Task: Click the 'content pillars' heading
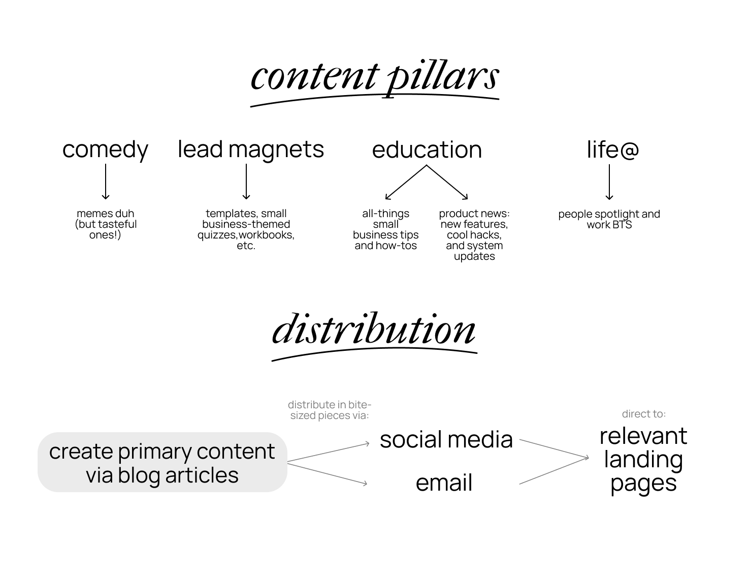pyautogui.click(x=375, y=77)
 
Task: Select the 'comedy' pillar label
pyautogui.click(x=105, y=149)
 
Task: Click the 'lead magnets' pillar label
pyautogui.click(x=250, y=149)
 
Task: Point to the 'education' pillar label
pyautogui.click(x=427, y=149)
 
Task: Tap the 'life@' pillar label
pyautogui.click(x=612, y=149)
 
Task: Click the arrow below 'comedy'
pyautogui.click(x=106, y=182)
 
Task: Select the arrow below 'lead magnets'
pyautogui.click(x=246, y=182)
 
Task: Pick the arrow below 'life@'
pyautogui.click(x=609, y=182)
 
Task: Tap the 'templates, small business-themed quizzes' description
pyautogui.click(x=246, y=229)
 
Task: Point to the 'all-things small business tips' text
pyautogui.click(x=386, y=229)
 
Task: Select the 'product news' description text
pyautogui.click(x=474, y=234)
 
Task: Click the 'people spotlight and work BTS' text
pyautogui.click(x=609, y=219)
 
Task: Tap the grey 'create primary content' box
pyautogui.click(x=162, y=462)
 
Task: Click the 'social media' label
pyautogui.click(x=446, y=439)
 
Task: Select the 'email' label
pyautogui.click(x=444, y=483)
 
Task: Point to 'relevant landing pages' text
pyautogui.click(x=643, y=459)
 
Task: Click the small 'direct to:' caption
pyautogui.click(x=643, y=414)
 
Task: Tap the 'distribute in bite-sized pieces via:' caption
pyautogui.click(x=330, y=410)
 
